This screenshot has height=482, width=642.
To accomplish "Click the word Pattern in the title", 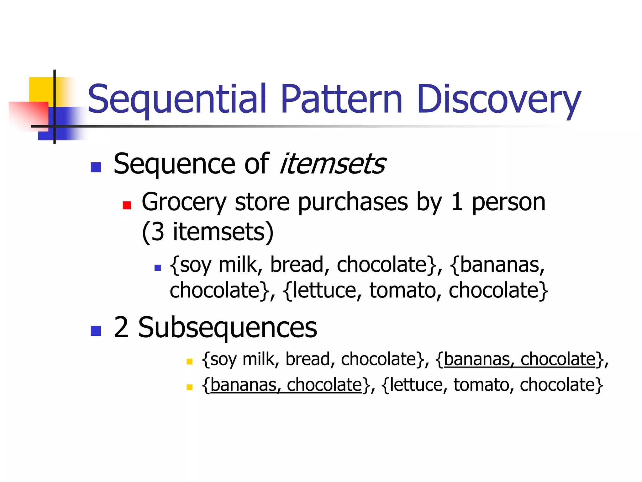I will pyautogui.click(x=341, y=99).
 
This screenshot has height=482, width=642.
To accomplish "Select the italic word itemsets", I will pyautogui.click(x=333, y=164).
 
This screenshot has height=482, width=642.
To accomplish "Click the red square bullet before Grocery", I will pyautogui.click(x=127, y=205).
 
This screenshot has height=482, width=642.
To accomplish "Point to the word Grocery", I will pyautogui.click(x=184, y=202).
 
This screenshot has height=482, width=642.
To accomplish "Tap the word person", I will pyautogui.click(x=508, y=202).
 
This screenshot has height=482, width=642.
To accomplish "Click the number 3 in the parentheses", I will pyautogui.click(x=158, y=232).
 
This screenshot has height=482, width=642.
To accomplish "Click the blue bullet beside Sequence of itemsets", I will pyautogui.click(x=96, y=167).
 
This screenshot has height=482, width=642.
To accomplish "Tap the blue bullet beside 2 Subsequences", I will pyautogui.click(x=96, y=331).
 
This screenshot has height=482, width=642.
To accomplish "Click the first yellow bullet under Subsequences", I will pyautogui.click(x=189, y=361).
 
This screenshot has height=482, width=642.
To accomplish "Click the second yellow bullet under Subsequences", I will pyautogui.click(x=189, y=387).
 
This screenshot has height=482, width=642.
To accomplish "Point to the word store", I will pyautogui.click(x=262, y=202).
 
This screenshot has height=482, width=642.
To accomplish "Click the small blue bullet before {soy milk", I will pyautogui.click(x=158, y=268).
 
